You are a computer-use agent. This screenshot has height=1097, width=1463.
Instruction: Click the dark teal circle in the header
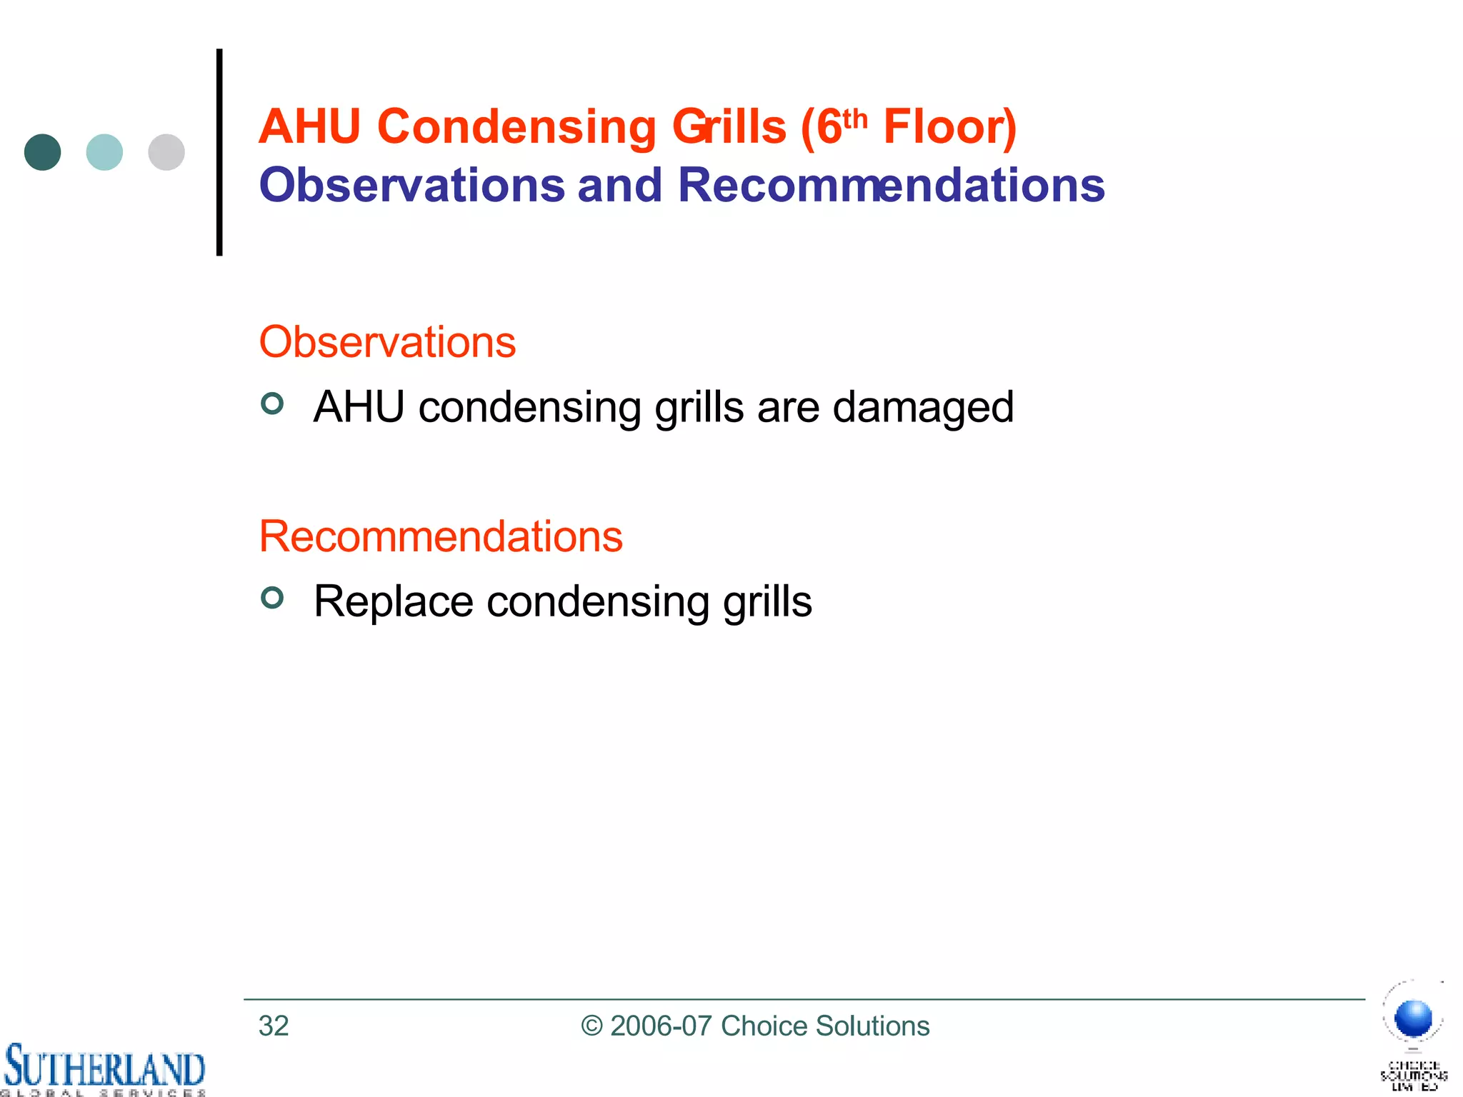click(42, 152)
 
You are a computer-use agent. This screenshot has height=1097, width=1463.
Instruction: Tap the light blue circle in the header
click(104, 152)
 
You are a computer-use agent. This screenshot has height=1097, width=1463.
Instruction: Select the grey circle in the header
click(166, 152)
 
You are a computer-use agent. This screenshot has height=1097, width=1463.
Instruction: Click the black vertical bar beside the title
click(219, 152)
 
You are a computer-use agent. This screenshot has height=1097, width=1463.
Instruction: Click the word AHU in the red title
click(310, 127)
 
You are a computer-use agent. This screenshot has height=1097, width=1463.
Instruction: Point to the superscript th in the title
click(856, 119)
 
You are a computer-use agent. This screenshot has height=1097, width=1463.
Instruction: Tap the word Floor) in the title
click(949, 127)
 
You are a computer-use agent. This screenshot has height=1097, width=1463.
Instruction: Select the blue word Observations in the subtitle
click(412, 185)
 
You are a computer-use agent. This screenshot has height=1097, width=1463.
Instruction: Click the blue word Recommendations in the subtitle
click(891, 185)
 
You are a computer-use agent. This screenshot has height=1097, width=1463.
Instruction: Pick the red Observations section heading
click(387, 342)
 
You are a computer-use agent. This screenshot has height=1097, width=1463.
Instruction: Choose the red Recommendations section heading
click(441, 536)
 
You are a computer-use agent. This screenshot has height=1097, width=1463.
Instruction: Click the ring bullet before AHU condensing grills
click(272, 404)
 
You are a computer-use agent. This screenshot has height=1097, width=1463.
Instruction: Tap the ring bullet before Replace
click(272, 597)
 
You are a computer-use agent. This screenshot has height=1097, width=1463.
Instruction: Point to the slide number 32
click(274, 1026)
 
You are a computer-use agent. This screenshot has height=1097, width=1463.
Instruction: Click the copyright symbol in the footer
click(592, 1026)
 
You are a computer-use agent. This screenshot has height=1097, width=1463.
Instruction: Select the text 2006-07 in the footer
click(661, 1026)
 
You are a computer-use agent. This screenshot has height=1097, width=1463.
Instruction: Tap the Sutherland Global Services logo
click(104, 1069)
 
